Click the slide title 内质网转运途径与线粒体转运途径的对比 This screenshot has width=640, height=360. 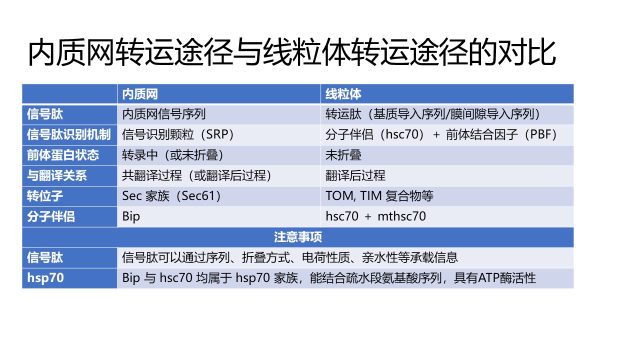pyautogui.click(x=291, y=52)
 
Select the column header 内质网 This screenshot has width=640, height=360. pyautogui.click(x=140, y=94)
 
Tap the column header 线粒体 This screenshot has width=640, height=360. pyautogui.click(x=343, y=94)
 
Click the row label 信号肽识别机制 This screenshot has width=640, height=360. pyautogui.click(x=68, y=134)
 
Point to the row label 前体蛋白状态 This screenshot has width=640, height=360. pyautogui.click(x=63, y=155)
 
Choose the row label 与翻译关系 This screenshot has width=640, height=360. pyautogui.click(x=57, y=175)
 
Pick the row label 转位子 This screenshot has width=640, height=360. pyautogui.click(x=45, y=196)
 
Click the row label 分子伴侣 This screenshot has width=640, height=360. pyautogui.click(x=51, y=216)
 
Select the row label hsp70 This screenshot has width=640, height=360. pyautogui.click(x=45, y=278)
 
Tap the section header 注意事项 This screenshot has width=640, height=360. pyautogui.click(x=298, y=237)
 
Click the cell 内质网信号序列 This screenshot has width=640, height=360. pyautogui.click(x=164, y=114)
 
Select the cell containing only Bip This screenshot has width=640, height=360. pyautogui.click(x=131, y=216)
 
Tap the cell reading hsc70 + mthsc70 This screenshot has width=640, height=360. pyautogui.click(x=375, y=216)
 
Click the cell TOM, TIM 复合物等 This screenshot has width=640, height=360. pyautogui.click(x=379, y=196)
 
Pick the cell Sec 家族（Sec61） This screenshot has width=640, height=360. pyautogui.click(x=171, y=196)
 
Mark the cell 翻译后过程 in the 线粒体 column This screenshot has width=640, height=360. pyautogui.click(x=355, y=175)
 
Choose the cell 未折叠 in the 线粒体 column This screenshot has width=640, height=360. pyautogui.click(x=343, y=155)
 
